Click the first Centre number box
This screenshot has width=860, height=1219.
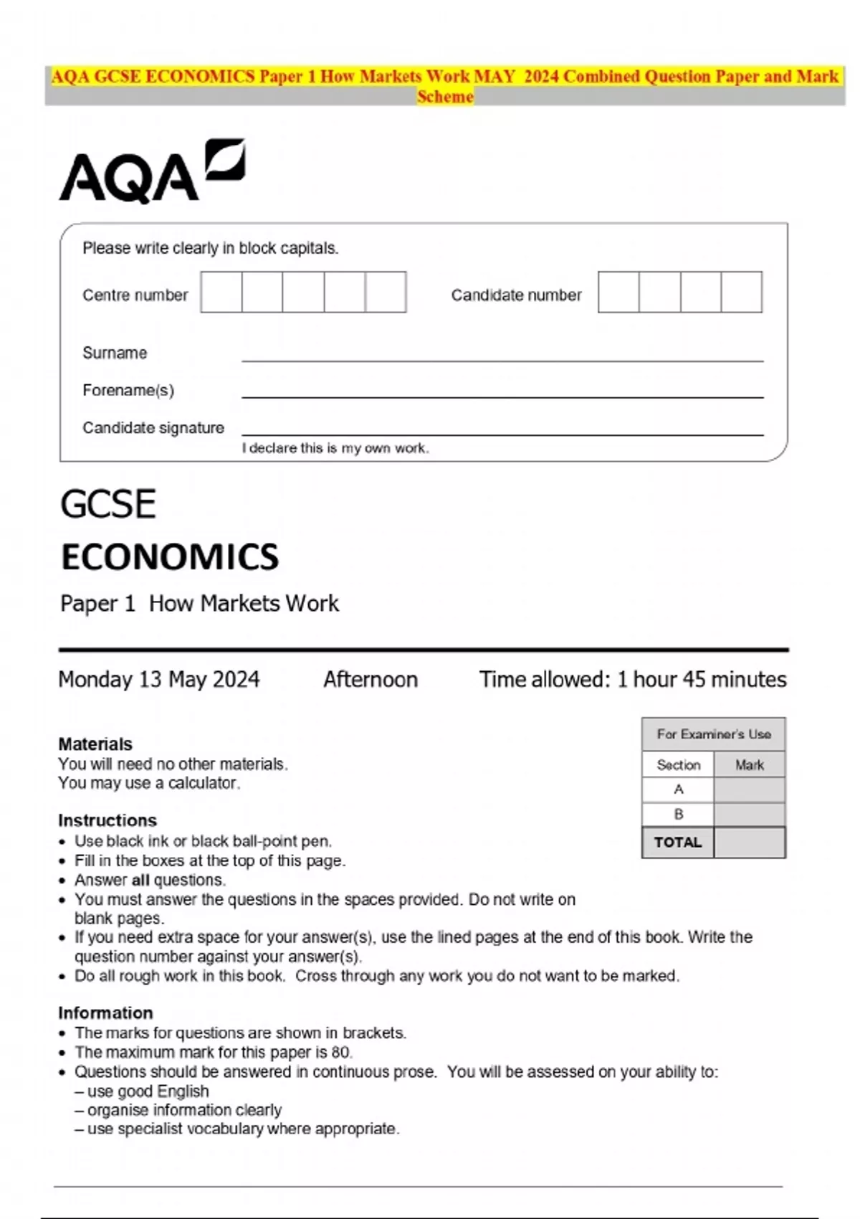coord(221,292)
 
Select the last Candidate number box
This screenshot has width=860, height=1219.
coord(741,292)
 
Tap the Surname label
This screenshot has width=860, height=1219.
coord(115,353)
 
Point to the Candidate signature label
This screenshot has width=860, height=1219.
coord(153,428)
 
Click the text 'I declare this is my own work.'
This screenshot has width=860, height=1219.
coord(335,448)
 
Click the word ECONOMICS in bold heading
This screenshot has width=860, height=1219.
coord(170,557)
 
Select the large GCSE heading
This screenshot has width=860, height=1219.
coord(108,504)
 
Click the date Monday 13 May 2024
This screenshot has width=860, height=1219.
coord(159,679)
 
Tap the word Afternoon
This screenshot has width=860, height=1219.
coord(370,679)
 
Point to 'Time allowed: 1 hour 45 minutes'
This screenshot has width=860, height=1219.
coord(632,679)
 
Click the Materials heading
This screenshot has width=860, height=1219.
coord(95,744)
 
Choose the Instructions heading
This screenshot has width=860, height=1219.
coord(107,820)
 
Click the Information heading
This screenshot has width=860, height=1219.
coord(105,1012)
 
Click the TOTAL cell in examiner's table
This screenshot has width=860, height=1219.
coord(677,842)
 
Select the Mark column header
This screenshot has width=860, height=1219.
coord(749,765)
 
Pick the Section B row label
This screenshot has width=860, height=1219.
coord(678,814)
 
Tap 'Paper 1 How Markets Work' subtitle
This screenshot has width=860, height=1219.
coord(199,604)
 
